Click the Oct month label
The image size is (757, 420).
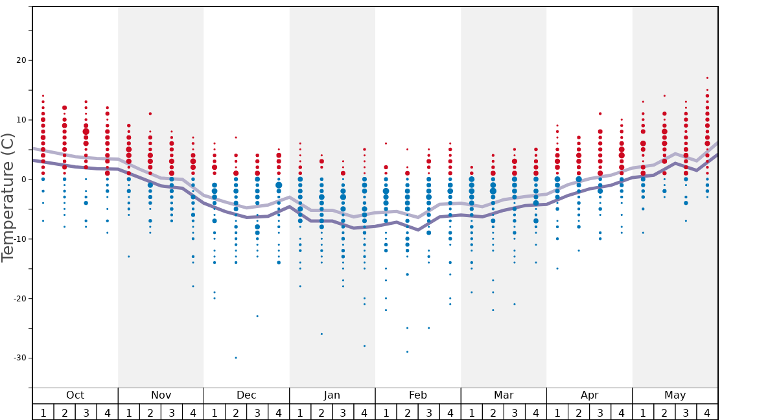tap(75, 395)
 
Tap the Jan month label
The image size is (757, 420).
tap(332, 395)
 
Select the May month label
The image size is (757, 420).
tap(675, 395)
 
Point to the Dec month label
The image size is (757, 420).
tap(246, 395)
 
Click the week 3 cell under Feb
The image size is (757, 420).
tap(428, 412)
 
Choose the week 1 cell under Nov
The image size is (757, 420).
tap(129, 412)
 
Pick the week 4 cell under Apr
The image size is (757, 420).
tap(622, 412)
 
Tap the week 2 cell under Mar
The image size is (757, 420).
tap(493, 412)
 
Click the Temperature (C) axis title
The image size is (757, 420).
tap(8, 197)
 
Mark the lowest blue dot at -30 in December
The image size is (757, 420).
tap(236, 358)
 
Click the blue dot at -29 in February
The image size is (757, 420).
tap(407, 352)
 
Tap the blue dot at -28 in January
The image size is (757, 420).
tap(364, 346)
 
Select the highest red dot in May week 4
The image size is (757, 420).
tap(707, 78)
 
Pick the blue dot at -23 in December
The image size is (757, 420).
tap(257, 316)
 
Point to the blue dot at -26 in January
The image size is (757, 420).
tap(321, 334)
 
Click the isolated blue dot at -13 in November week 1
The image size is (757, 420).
tap(129, 257)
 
